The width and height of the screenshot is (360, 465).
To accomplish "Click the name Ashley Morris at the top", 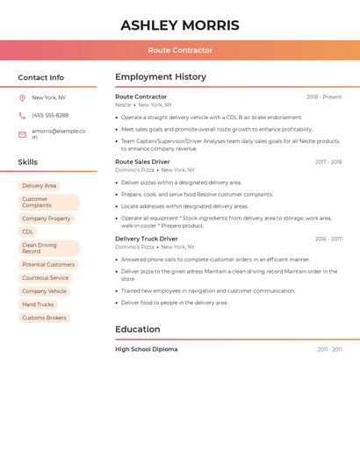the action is [x=179, y=25].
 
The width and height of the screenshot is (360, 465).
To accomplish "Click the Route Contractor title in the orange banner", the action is [x=179, y=51].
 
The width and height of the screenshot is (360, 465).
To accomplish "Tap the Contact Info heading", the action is [x=40, y=77].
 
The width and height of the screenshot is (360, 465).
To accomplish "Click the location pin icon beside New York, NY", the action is [x=22, y=98].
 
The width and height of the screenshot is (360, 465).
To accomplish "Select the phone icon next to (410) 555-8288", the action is [x=22, y=116].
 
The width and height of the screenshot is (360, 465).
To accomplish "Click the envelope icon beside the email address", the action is [x=22, y=134].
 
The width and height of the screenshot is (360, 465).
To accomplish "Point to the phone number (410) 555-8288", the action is [x=50, y=116].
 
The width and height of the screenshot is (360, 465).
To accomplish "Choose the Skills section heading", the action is [x=27, y=162].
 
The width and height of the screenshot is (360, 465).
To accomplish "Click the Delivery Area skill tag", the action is [x=39, y=186].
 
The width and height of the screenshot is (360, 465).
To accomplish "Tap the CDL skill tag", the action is [x=28, y=232].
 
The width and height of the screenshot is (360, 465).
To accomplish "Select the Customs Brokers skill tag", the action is [x=44, y=318].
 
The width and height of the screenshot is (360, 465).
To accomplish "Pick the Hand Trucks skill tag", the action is [x=38, y=304].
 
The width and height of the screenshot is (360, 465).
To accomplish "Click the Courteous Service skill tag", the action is [x=45, y=278].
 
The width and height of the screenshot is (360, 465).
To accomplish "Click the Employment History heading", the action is [x=161, y=77].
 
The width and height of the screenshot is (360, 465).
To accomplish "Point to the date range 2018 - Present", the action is [x=324, y=97].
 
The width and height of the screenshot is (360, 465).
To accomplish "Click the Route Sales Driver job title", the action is [x=142, y=162].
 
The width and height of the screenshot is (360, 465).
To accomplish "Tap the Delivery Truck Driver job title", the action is [x=146, y=239].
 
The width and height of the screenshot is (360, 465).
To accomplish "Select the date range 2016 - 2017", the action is [x=328, y=239].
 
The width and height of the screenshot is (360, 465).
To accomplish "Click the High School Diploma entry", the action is [x=146, y=349].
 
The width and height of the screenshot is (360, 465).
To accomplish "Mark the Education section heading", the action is [x=137, y=330].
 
